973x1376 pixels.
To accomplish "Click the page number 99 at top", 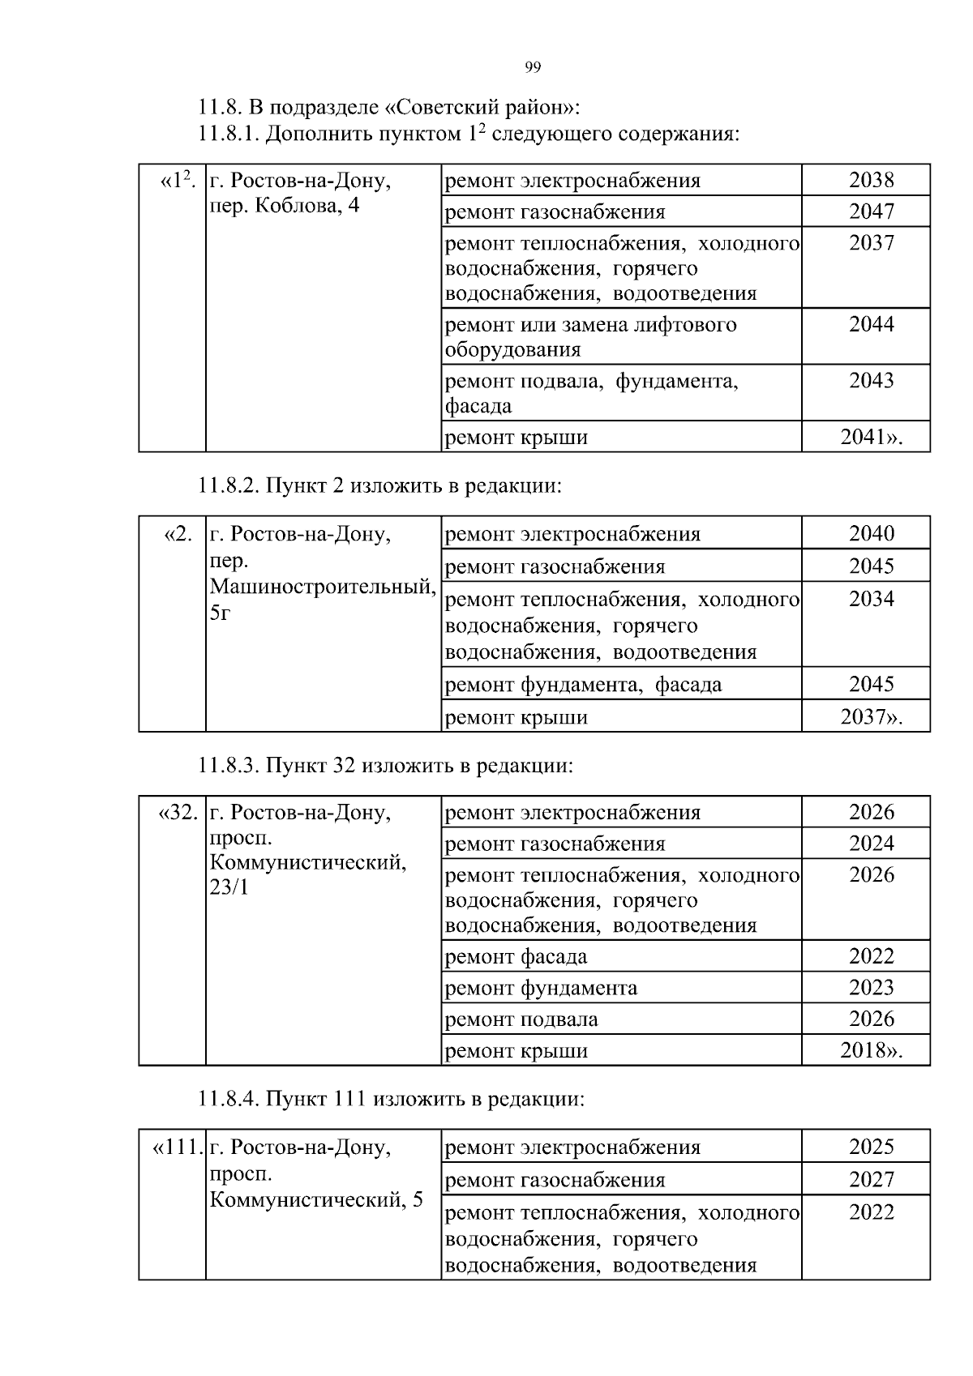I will (x=533, y=67).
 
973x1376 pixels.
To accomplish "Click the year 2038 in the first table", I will (x=871, y=180).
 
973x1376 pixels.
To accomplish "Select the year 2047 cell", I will (x=871, y=212).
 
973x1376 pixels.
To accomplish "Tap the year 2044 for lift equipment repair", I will (x=871, y=324).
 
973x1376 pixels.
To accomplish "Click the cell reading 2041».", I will (x=871, y=438).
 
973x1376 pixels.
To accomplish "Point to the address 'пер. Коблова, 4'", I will (x=284, y=206).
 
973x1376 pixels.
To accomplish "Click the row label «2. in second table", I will (x=178, y=534).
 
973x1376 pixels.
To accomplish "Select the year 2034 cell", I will (x=871, y=599).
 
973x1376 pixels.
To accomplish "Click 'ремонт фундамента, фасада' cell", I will (x=583, y=685).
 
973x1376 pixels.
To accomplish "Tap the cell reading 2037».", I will (x=871, y=717).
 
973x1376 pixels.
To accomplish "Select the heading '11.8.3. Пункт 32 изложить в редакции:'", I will (x=385, y=765).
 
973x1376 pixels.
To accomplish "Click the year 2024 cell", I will (x=871, y=844).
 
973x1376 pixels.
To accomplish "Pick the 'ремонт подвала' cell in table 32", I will (x=521, y=1019).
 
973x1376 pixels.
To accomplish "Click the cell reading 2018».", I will (x=871, y=1051).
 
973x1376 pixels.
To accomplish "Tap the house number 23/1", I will (x=229, y=887).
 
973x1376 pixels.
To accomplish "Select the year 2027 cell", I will (x=871, y=1179).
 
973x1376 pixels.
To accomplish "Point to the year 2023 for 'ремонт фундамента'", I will (x=871, y=988).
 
